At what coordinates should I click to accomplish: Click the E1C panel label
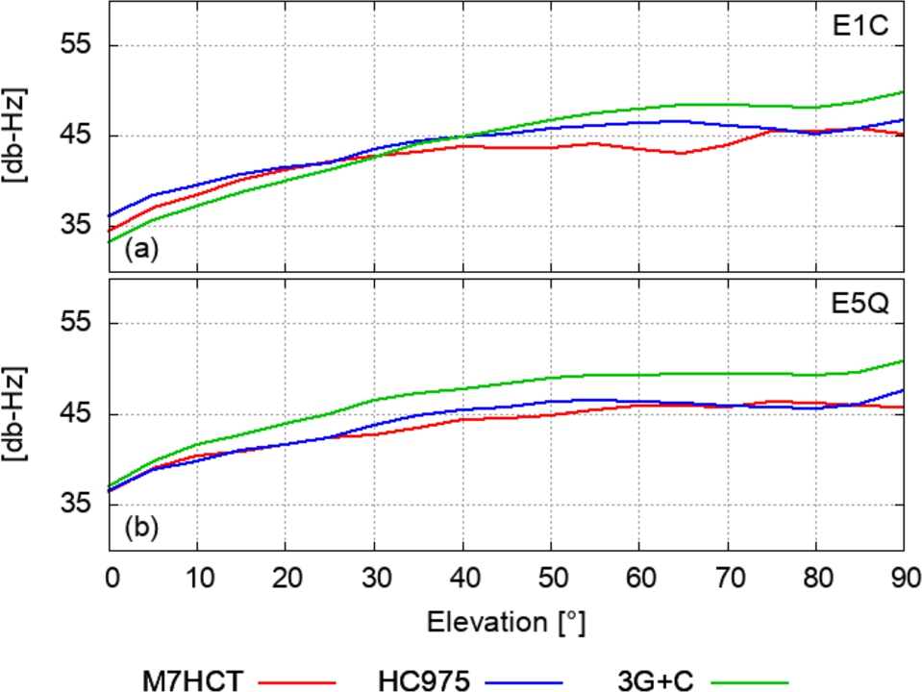point(864,27)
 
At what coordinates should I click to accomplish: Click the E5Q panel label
point(864,305)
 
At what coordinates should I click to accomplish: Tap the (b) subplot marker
point(139,527)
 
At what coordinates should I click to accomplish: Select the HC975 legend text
point(423,680)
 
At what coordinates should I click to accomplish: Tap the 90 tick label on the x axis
point(903,578)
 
